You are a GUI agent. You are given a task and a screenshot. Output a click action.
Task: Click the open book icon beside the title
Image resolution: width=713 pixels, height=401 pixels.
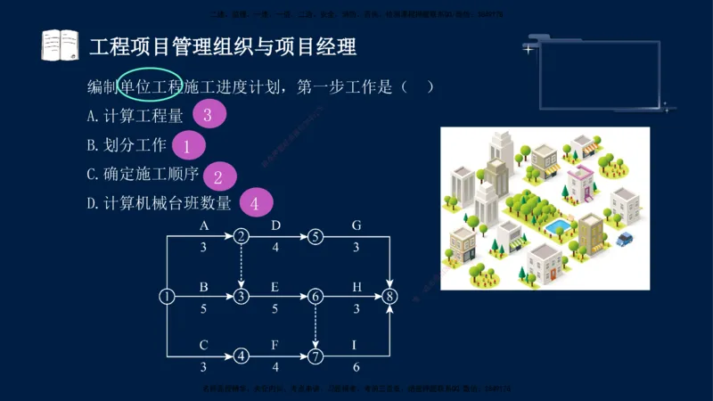click(x=60, y=45)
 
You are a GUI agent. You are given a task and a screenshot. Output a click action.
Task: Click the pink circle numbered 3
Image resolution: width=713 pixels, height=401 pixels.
click(x=207, y=114)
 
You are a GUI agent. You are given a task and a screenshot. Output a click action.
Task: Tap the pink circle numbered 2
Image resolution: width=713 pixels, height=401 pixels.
click(x=217, y=176)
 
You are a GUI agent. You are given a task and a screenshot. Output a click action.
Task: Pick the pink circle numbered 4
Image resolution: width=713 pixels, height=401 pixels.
click(x=254, y=203)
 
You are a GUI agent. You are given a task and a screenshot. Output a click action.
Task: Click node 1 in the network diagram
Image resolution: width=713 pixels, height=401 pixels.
click(x=167, y=297)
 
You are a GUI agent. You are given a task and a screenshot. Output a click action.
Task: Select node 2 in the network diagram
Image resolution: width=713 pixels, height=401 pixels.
click(x=241, y=237)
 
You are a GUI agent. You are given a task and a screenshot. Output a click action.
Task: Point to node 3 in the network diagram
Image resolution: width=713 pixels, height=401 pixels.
click(x=241, y=297)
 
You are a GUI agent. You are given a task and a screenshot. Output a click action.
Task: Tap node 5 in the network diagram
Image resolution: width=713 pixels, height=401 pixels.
click(x=316, y=237)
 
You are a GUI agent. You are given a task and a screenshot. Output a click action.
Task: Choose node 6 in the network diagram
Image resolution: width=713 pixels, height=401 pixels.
click(x=316, y=297)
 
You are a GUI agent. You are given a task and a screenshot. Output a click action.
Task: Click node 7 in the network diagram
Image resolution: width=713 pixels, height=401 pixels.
click(x=316, y=356)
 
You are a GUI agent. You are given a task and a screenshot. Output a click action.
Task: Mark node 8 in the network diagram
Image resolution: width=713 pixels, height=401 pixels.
click(x=389, y=297)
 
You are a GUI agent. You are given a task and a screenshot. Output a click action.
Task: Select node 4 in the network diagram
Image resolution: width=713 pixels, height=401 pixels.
click(x=241, y=356)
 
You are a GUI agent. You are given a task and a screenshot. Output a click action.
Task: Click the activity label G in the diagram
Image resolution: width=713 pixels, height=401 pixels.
click(x=356, y=225)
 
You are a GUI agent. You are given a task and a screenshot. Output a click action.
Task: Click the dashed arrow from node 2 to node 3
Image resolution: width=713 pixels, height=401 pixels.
click(x=241, y=266)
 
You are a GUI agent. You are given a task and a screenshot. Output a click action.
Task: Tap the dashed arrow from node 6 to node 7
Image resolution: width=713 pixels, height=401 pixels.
click(x=316, y=326)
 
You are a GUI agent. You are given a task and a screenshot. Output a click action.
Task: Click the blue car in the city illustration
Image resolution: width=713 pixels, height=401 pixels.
click(x=625, y=238)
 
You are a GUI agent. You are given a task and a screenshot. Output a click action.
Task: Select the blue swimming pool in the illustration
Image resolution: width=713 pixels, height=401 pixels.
click(x=556, y=228)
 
